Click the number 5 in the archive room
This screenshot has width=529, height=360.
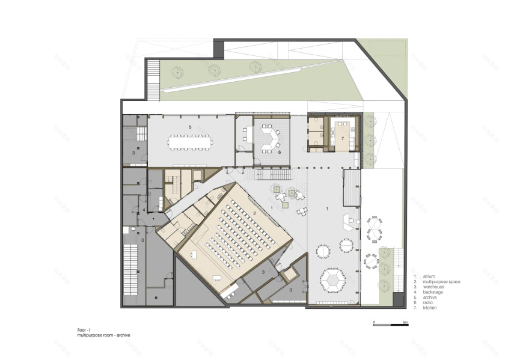tap(190, 127)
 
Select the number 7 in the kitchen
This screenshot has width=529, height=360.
tap(342, 139)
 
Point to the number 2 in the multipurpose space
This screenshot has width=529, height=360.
tap(255, 213)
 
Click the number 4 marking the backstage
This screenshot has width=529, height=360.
tap(144, 210)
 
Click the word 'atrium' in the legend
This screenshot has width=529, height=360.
tap(428, 277)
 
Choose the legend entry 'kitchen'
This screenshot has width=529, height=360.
tap(429, 308)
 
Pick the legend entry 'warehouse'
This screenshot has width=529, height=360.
tap(432, 287)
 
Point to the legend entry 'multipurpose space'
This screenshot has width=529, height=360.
tap(442, 282)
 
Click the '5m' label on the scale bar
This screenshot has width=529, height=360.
tap(406, 322)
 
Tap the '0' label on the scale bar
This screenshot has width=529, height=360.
tap(374, 322)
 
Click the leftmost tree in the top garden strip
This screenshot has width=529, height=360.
tap(176, 72)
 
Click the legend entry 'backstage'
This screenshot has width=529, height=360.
tap(432, 293)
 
